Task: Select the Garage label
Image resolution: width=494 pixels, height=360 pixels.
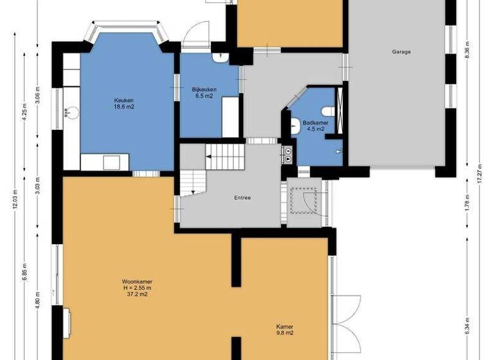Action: coord(401,52)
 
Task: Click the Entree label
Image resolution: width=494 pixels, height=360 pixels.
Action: coord(242,197)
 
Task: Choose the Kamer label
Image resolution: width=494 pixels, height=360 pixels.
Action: coord(284,326)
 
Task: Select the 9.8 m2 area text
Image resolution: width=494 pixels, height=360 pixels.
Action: coord(284,333)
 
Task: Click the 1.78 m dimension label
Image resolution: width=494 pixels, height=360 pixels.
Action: coord(468,202)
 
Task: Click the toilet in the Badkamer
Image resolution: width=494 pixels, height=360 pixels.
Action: coord(330,110)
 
